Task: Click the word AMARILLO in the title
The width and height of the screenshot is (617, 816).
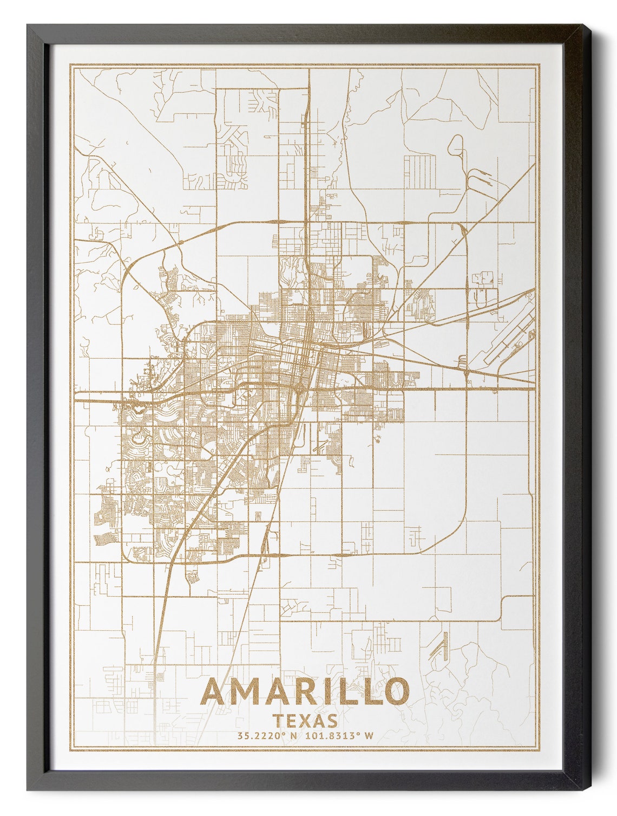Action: tap(305, 692)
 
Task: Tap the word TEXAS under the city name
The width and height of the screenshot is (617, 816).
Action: tap(306, 721)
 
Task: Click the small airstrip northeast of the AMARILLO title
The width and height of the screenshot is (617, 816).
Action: tap(438, 645)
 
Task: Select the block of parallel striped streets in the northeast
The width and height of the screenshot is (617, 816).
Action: tap(420, 171)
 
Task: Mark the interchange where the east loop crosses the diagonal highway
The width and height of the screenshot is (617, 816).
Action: tap(465, 371)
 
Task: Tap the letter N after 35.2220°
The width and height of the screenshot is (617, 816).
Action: tap(294, 736)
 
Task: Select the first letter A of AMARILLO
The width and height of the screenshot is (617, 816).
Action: tap(215, 692)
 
